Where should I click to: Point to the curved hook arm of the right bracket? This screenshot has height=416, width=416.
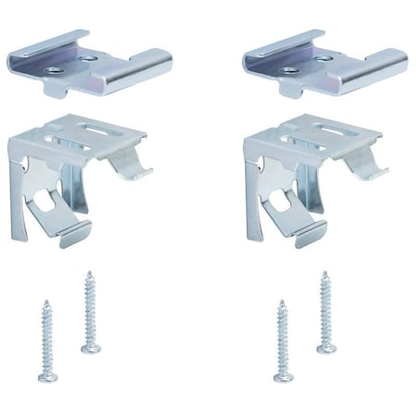pyautogui.click(x=362, y=165)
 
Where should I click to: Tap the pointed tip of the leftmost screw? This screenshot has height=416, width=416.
pyautogui.click(x=45, y=301)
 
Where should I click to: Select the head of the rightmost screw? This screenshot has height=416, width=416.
pyautogui.click(x=326, y=348)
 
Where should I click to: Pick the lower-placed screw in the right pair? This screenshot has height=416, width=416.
pyautogui.click(x=283, y=342)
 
